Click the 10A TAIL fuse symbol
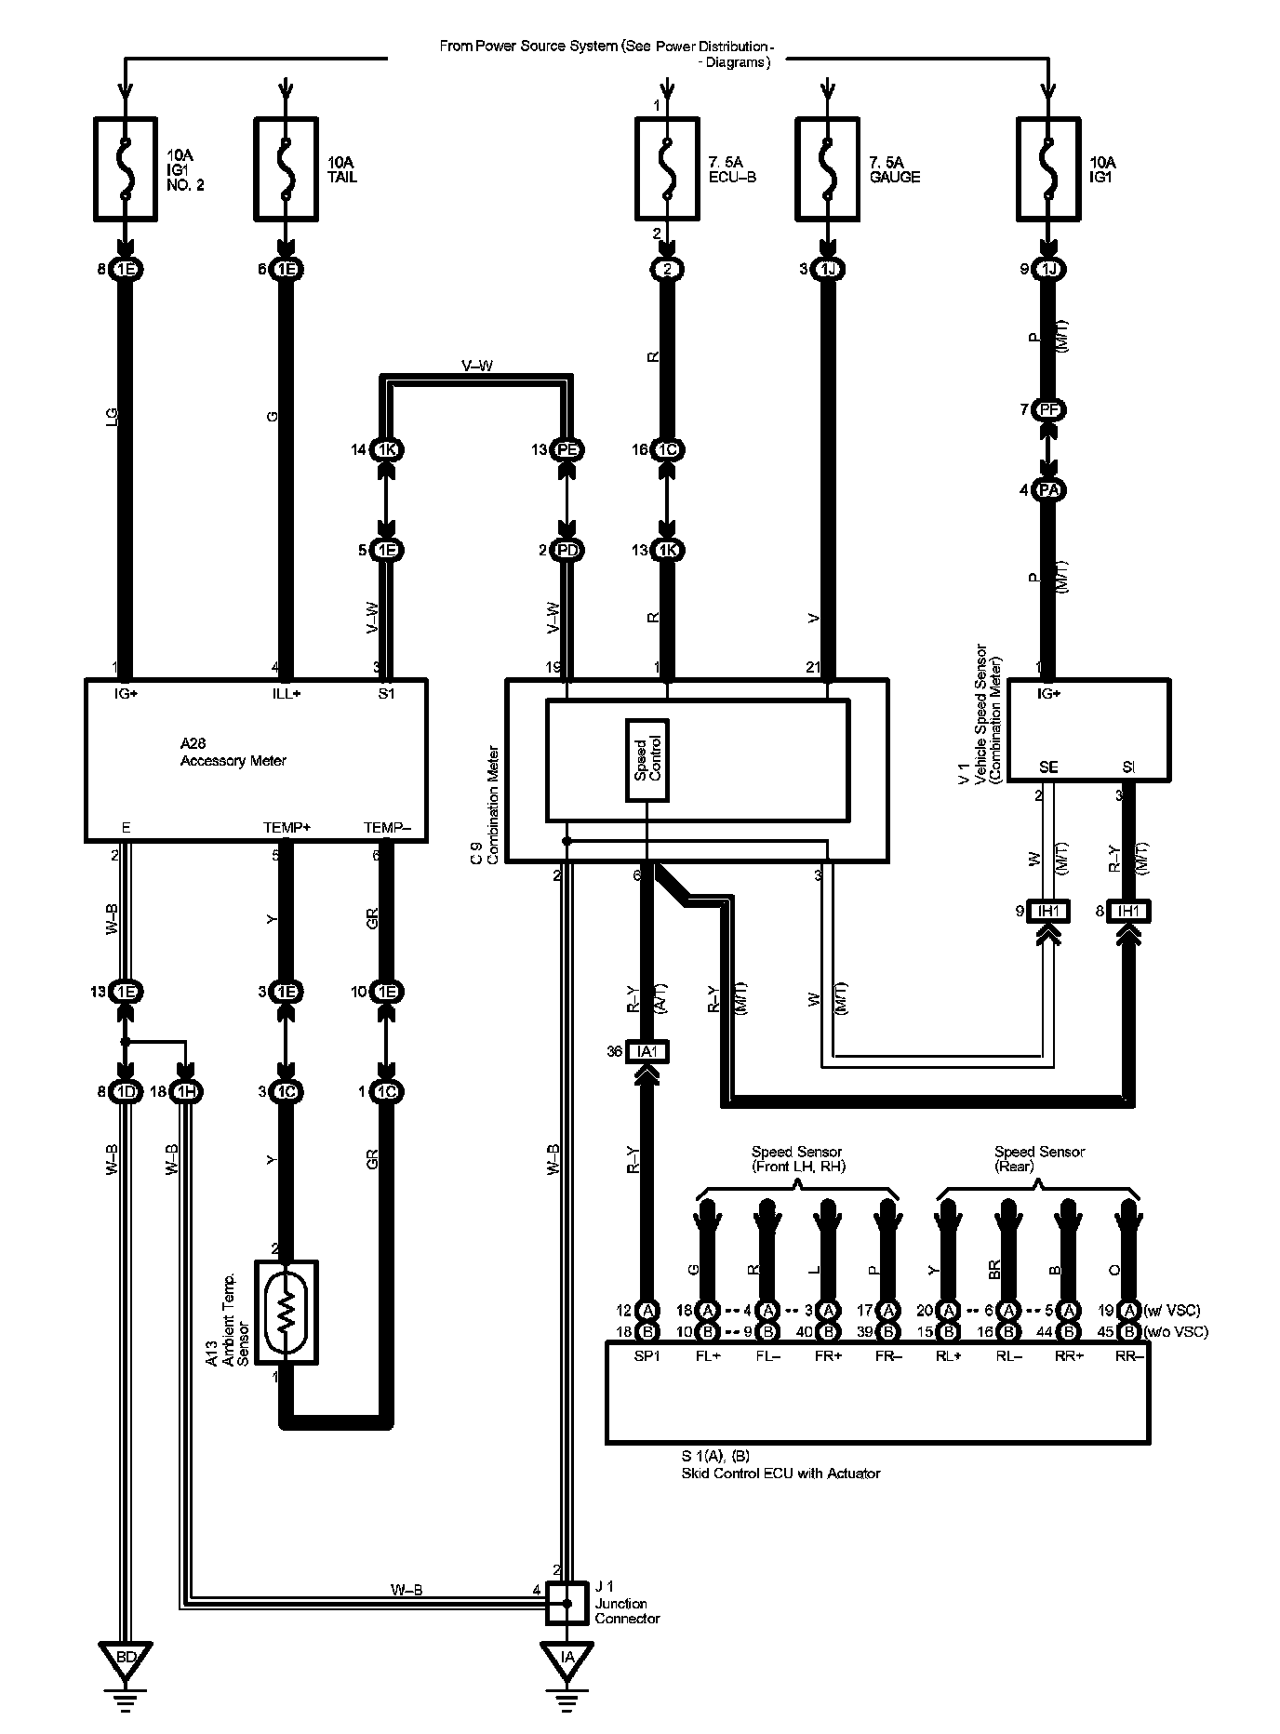point(286,168)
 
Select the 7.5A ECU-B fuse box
point(666,168)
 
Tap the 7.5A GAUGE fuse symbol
point(826,168)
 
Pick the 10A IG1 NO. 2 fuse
point(126,168)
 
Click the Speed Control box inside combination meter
point(647,760)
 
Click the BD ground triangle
point(127,1658)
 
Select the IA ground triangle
point(567,1658)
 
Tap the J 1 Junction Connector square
point(567,1603)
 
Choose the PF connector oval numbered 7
point(1048,409)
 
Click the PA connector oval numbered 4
point(1048,489)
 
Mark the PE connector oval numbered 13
point(567,449)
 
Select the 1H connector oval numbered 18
point(186,1091)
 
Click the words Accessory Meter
point(233,761)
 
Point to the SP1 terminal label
point(647,1355)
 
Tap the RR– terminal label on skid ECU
point(1129,1355)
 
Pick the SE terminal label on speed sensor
point(1047,767)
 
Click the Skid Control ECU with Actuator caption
point(780,1473)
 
